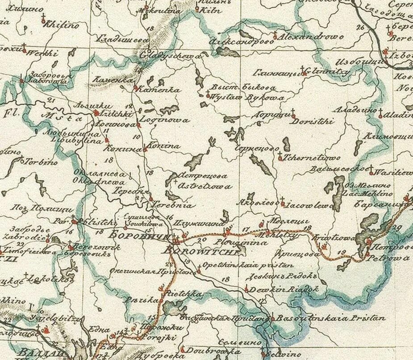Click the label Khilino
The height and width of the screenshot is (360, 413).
[x=61, y=25]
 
